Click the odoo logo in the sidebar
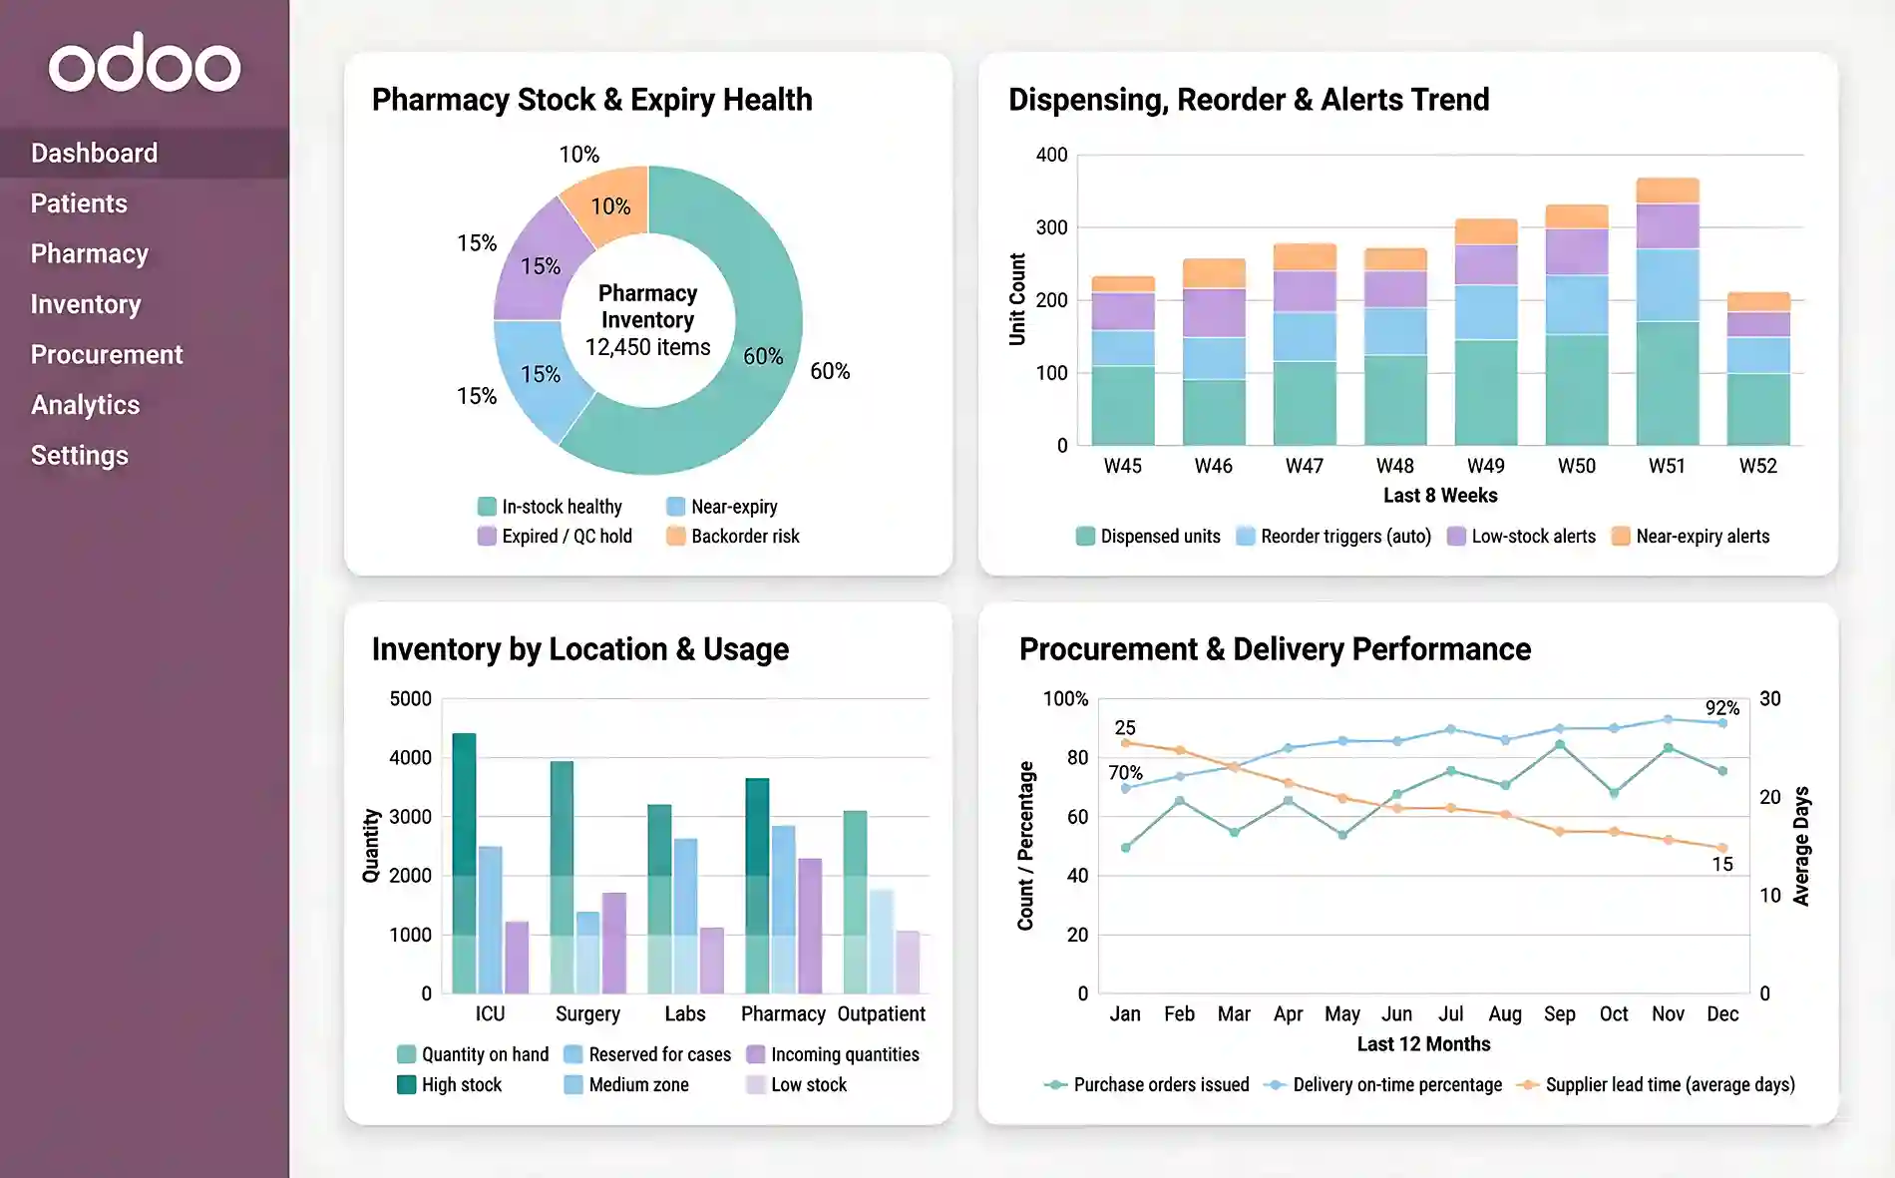coord(145,65)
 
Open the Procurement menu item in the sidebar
coord(107,354)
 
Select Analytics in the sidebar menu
coord(85,405)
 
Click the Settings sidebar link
coord(80,455)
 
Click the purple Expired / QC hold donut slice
coord(540,264)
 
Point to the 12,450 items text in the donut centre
coord(647,347)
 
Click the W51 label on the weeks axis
coord(1667,466)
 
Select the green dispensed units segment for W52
coord(1757,409)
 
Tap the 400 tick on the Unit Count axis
coord(1051,155)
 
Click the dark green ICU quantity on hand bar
coord(464,808)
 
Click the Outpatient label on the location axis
coord(881,1014)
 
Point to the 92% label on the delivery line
coord(1721,708)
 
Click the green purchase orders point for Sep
coord(1559,745)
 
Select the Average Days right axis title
coord(1801,846)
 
